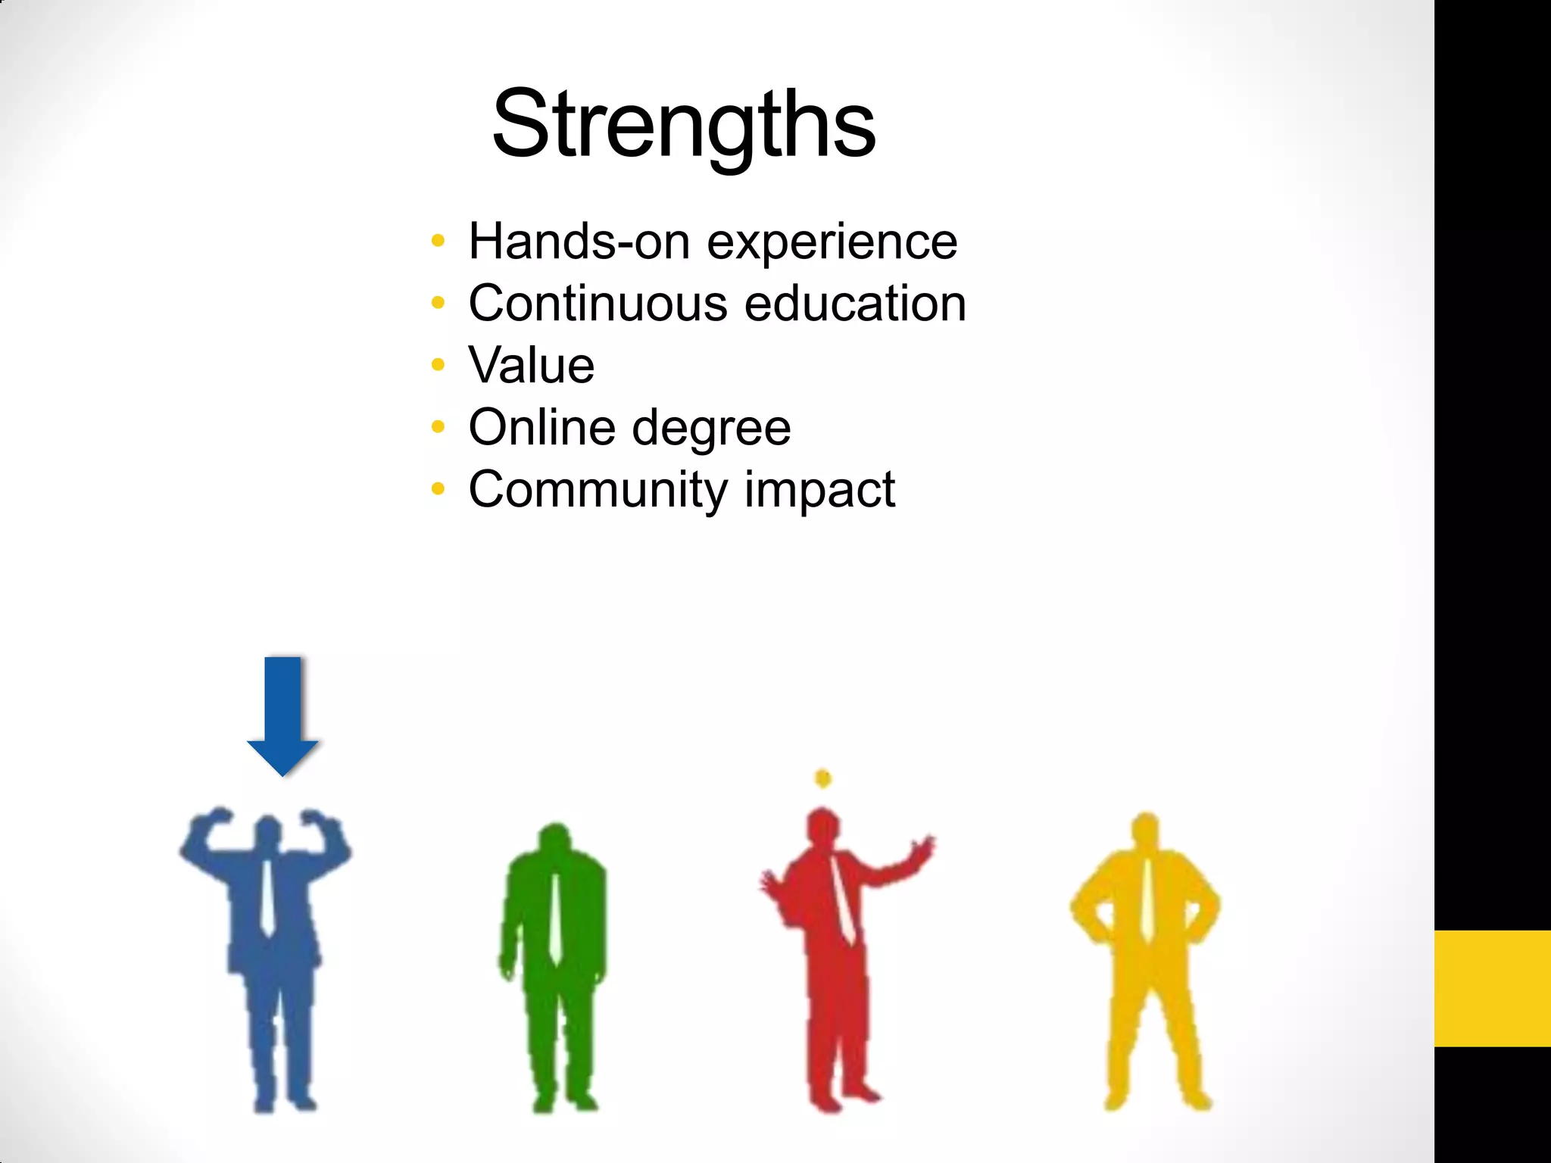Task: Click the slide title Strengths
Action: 683,125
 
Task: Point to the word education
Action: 855,304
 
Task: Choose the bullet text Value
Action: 532,366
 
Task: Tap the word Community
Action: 598,490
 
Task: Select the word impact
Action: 819,490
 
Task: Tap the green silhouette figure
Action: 554,969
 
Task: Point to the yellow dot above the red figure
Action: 823,778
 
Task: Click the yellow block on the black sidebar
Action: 1492,988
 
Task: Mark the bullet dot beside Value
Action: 438,366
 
